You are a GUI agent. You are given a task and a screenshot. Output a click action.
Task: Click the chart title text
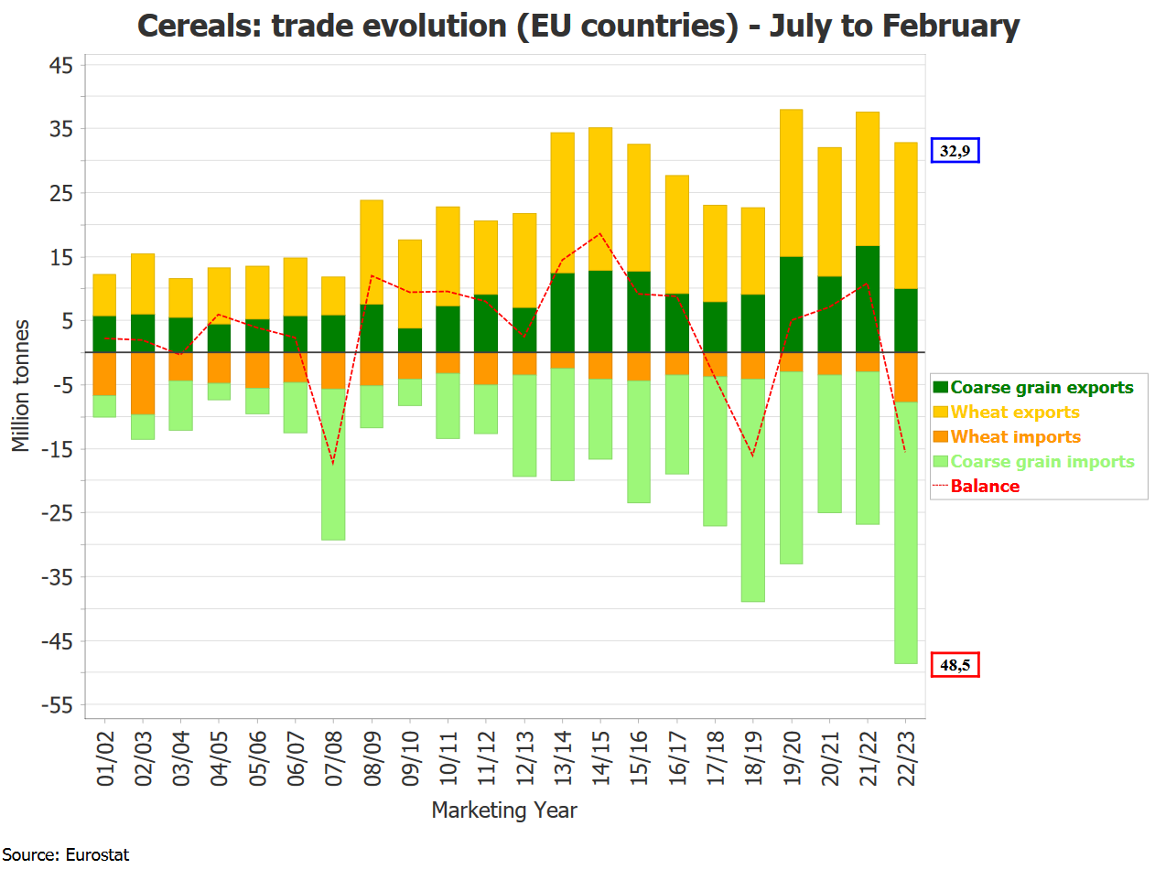click(577, 26)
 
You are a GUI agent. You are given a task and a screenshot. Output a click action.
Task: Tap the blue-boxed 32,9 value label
click(955, 151)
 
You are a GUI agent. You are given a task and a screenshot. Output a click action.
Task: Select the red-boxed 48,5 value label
click(955, 665)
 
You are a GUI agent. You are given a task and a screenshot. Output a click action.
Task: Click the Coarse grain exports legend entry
click(1042, 388)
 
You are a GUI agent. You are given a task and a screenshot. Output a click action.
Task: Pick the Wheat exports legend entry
click(1015, 413)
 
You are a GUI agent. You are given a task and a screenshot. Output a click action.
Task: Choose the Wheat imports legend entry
click(1015, 437)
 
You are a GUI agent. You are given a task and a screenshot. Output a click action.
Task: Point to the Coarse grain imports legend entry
click(1042, 462)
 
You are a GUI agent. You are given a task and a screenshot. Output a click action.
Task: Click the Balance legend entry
click(985, 487)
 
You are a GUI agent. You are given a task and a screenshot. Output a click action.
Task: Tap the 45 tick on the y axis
click(60, 65)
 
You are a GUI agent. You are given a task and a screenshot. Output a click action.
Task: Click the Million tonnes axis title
click(21, 385)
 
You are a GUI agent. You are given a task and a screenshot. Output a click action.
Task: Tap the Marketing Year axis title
click(504, 810)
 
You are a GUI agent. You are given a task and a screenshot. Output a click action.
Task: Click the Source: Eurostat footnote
click(65, 855)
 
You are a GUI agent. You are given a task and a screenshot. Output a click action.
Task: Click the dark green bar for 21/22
click(868, 299)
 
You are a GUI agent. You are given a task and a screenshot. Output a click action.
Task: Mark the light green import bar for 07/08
click(333, 465)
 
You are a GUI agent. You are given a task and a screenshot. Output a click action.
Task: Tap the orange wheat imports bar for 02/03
click(142, 383)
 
